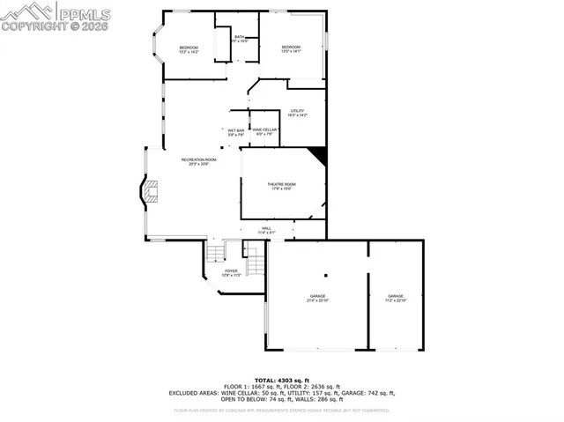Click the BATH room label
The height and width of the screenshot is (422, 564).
point(239,38)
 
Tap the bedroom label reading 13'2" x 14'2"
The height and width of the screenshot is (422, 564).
point(189,49)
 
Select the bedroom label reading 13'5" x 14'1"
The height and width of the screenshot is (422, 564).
point(292,49)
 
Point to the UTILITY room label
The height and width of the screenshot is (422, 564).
point(297,112)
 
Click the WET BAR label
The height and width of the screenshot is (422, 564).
point(236,132)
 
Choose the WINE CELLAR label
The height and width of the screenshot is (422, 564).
point(265,131)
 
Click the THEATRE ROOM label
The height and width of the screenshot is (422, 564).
point(282,186)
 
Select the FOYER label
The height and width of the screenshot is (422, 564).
point(231,272)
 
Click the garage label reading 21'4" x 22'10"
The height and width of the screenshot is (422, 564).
point(317,298)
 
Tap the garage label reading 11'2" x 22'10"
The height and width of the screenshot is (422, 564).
point(396,298)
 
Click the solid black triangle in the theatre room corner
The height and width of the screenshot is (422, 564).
point(320,156)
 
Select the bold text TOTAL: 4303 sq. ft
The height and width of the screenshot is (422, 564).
point(282,380)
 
